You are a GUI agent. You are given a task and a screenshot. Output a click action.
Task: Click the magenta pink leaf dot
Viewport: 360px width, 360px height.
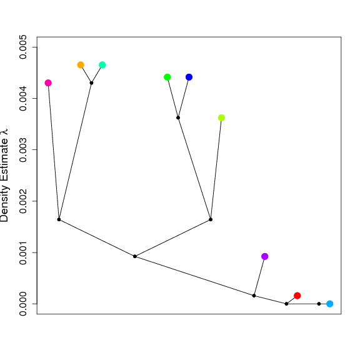[x=48, y=83]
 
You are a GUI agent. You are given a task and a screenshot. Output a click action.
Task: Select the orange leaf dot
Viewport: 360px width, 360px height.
[x=81, y=65]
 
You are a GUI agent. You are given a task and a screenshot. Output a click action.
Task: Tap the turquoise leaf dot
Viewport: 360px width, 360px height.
[x=102, y=65]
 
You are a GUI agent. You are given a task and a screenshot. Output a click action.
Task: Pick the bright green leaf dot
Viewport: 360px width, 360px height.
[x=167, y=77]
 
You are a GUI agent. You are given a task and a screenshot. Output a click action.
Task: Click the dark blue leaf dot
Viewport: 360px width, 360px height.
[x=189, y=77]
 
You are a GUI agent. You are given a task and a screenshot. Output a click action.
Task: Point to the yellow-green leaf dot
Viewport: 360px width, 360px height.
[x=221, y=117]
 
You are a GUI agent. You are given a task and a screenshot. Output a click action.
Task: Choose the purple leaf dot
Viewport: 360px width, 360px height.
[x=265, y=256]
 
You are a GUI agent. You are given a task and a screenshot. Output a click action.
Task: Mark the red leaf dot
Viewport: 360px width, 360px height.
[x=297, y=296]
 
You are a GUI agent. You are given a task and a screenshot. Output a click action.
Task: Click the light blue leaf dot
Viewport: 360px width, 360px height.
[x=330, y=304]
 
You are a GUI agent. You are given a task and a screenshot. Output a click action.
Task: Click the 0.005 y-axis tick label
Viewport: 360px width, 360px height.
[x=23, y=47]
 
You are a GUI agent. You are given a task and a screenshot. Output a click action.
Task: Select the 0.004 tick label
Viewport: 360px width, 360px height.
[x=23, y=99]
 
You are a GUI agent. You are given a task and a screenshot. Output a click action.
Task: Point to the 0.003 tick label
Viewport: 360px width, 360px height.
[x=23, y=150]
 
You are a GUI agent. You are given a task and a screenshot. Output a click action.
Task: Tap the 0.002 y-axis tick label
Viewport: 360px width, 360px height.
[x=23, y=201]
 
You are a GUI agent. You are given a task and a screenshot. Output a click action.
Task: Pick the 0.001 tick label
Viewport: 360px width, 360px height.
[x=23, y=252]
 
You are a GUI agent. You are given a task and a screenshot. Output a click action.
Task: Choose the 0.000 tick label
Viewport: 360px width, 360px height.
[x=23, y=304]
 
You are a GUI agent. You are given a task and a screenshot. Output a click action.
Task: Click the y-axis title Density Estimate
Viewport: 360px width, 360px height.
[x=4, y=175]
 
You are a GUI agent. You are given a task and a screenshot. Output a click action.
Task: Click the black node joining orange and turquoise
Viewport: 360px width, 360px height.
[x=91, y=83]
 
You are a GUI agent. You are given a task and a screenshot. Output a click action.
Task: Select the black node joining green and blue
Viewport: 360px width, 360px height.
[x=178, y=117]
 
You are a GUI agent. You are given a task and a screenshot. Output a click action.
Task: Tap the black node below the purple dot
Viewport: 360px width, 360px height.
[x=254, y=296]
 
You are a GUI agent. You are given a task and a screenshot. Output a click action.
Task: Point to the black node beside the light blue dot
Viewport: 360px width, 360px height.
[x=319, y=304]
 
